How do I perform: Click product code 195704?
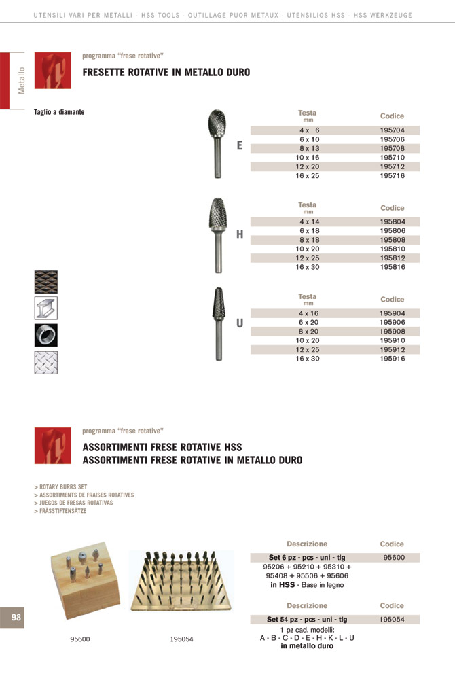[392, 130]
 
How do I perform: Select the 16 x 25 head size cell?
[308, 176]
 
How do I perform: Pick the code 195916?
[392, 359]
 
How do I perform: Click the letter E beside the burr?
[240, 145]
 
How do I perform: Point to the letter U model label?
[240, 323]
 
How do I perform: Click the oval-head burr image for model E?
[218, 143]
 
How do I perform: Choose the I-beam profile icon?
[46, 308]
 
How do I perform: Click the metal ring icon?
[46, 335]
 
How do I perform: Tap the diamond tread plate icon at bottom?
[46, 362]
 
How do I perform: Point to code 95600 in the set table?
[392, 557]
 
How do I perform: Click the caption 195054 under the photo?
[181, 639]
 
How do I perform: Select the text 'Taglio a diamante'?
[59, 112]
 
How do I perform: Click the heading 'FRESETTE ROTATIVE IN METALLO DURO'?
[166, 72]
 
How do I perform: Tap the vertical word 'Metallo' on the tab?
[22, 80]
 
